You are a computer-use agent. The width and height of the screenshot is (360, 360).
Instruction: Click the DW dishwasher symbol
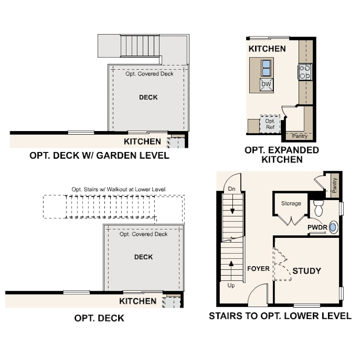266,84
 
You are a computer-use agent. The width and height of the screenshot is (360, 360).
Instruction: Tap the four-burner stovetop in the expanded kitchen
305,72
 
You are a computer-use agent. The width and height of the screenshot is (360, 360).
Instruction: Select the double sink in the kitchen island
266,68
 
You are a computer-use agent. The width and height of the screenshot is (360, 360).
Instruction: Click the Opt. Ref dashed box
270,124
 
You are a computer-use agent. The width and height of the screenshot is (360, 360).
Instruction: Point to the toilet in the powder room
318,208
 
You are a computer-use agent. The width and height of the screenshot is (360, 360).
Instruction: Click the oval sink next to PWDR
333,227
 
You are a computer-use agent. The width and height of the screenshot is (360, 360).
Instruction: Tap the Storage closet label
291,204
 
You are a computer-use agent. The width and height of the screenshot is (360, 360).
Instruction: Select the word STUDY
307,271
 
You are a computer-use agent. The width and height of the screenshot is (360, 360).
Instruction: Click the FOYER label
258,268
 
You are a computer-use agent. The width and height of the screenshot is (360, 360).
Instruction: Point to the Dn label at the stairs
232,189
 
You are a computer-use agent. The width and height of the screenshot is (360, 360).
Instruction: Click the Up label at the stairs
231,285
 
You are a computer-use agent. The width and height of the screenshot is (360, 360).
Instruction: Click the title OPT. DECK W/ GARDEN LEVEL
100,156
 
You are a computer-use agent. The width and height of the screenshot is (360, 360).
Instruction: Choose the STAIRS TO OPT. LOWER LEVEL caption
280,316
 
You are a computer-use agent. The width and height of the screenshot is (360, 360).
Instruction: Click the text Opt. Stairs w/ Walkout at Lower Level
119,189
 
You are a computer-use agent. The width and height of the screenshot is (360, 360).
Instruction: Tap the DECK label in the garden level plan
148,97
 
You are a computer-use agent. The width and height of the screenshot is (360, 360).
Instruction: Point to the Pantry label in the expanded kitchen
300,136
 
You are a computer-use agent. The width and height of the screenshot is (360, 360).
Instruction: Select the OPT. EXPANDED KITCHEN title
282,155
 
